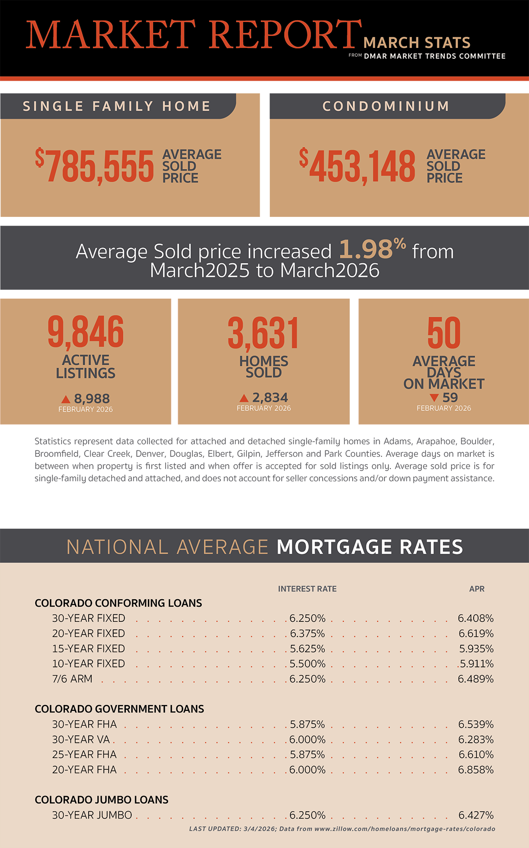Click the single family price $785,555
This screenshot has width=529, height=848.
coord(95,166)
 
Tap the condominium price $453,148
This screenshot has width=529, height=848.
coord(358,166)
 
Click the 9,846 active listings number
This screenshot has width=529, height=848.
coord(86,332)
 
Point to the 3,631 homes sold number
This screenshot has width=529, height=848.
coord(264,333)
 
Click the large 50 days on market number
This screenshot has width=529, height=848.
coord(444,333)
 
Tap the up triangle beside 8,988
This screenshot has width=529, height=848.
coord(66,399)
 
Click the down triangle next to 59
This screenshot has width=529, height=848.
coord(433,398)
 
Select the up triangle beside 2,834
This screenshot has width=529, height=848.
coord(244,398)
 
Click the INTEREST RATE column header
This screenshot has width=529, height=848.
coord(307,589)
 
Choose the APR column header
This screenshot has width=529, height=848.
coord(477,589)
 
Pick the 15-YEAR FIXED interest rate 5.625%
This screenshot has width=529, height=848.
coord(308,649)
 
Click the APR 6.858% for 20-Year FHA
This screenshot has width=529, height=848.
coord(476,770)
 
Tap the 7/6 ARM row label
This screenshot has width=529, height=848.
coord(72,679)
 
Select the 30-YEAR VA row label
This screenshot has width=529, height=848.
coord(81,739)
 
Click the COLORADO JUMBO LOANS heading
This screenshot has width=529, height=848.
coord(101,800)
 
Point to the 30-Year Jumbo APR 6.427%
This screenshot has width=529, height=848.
coord(476,815)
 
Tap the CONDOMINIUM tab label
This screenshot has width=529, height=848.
coord(386,106)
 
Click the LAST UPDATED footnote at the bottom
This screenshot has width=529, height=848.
coord(342,829)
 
